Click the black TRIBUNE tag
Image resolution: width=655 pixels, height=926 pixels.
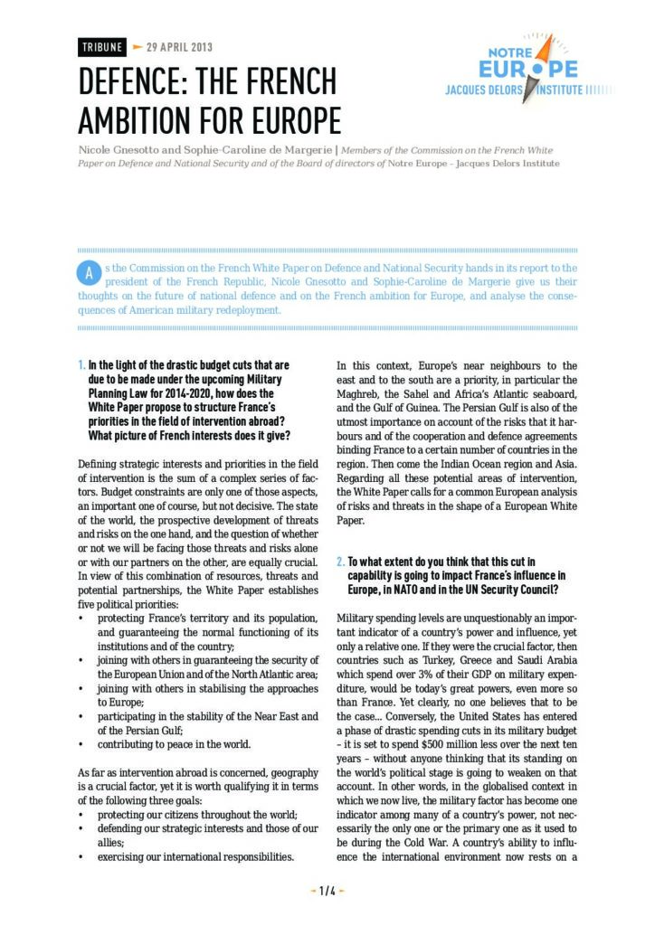pyautogui.click(x=101, y=47)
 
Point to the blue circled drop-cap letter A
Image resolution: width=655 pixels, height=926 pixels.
pyautogui.click(x=89, y=271)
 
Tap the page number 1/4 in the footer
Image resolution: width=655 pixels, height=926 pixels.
pyautogui.click(x=327, y=891)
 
